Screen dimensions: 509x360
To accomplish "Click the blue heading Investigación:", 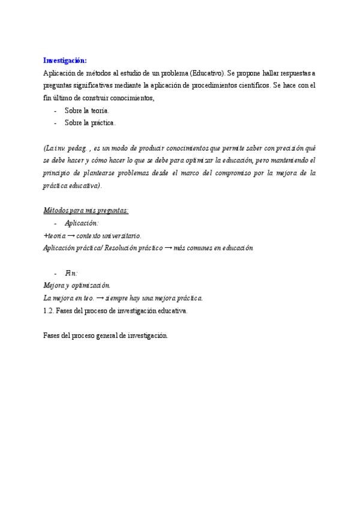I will pos(65,61).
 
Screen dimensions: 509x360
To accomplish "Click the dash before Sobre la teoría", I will pos(55,111).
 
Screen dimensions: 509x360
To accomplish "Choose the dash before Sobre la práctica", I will pos(55,123).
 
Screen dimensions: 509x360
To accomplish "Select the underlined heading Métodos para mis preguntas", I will pos(86,210).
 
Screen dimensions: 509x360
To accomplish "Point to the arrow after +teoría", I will pos(71,236).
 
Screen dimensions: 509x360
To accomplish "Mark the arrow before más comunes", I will pos(167,248).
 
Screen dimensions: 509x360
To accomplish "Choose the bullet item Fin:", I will pos(71,273).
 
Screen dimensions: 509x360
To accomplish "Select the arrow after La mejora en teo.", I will pos(100,298).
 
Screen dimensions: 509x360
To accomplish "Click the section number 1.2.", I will pos(50,311).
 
